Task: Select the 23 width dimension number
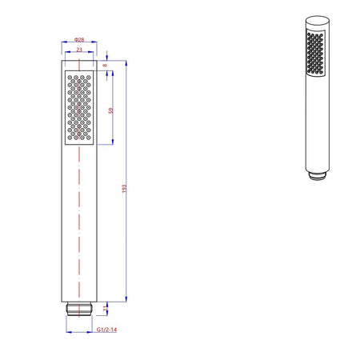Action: pos(78,50)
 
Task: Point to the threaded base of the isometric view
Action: pos(318,174)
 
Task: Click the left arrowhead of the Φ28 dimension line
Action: pos(63,44)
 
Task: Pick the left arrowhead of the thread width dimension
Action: pos(70,322)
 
